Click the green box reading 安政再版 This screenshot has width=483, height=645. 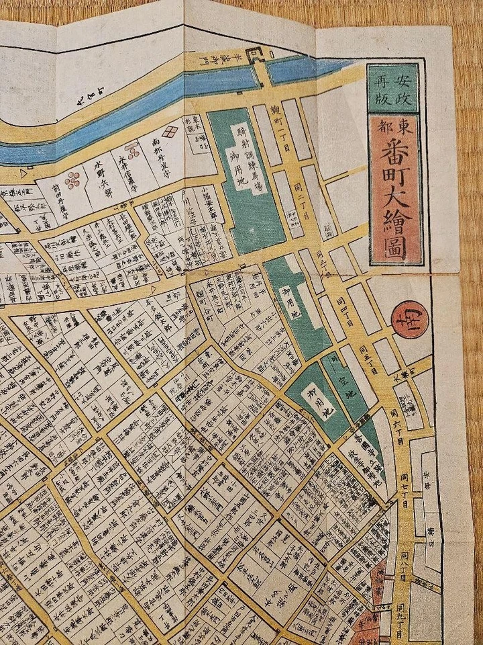[x=394, y=88]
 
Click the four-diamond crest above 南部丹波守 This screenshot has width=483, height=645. [x=172, y=130]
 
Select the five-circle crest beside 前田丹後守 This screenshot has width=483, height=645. [x=74, y=179]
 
